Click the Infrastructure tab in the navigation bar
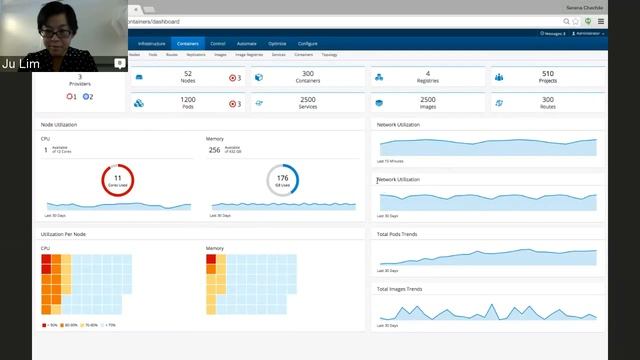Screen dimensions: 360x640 (x=152, y=44)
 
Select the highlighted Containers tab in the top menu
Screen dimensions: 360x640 (x=187, y=44)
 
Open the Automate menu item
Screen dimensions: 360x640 (x=247, y=44)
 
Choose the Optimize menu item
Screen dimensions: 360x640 (x=277, y=44)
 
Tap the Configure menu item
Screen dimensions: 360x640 (x=307, y=44)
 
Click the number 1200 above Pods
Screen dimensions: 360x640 (x=188, y=100)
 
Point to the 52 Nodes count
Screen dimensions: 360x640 (x=188, y=74)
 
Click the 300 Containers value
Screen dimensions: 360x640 (x=308, y=74)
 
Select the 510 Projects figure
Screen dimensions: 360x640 (x=547, y=74)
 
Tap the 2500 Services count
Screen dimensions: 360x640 (x=308, y=100)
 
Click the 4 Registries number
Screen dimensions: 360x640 (x=428, y=74)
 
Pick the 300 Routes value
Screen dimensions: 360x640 (x=547, y=100)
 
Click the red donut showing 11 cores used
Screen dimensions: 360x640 (x=118, y=180)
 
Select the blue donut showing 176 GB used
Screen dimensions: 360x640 (x=283, y=180)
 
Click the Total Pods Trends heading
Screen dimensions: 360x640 (x=398, y=234)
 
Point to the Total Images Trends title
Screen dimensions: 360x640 (x=400, y=289)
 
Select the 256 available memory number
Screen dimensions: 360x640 (x=214, y=150)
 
